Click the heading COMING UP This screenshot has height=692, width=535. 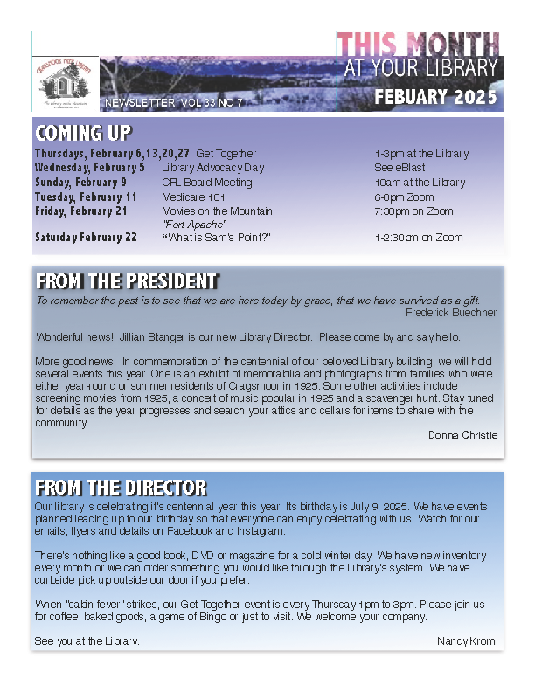83,133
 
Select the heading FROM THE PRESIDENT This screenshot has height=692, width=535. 126,281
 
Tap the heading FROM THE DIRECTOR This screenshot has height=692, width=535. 121,488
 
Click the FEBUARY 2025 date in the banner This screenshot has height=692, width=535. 435,97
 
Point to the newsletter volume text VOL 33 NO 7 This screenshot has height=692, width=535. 211,103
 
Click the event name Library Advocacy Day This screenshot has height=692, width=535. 209,168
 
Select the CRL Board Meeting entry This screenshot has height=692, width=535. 206,183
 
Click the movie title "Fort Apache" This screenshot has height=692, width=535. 189,224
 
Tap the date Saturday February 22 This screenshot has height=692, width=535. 86,238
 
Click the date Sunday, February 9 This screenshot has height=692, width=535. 80,183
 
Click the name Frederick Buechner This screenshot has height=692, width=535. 451,313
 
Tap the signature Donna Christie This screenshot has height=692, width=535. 462,435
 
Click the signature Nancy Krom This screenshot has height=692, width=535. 466,641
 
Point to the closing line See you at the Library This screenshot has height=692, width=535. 87,641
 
